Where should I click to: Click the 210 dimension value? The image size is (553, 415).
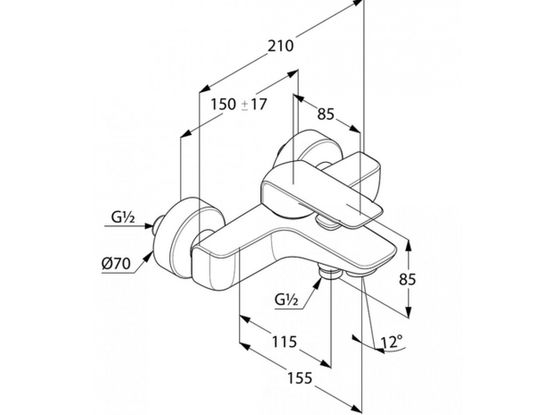click(x=280, y=46)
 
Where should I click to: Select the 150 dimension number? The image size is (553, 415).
click(x=223, y=104)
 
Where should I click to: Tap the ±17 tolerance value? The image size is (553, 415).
click(x=254, y=104)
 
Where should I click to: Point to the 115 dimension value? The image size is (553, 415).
click(x=285, y=341)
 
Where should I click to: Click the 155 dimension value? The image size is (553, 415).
click(x=300, y=378)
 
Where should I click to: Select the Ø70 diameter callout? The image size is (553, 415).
click(x=116, y=263)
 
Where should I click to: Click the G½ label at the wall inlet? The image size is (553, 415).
click(x=123, y=218)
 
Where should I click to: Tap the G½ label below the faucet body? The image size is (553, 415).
click(x=286, y=299)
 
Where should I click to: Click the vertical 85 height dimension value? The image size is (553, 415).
click(x=408, y=279)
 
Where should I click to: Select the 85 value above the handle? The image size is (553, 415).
click(x=326, y=114)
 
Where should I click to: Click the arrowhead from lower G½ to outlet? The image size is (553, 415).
click(x=318, y=284)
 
